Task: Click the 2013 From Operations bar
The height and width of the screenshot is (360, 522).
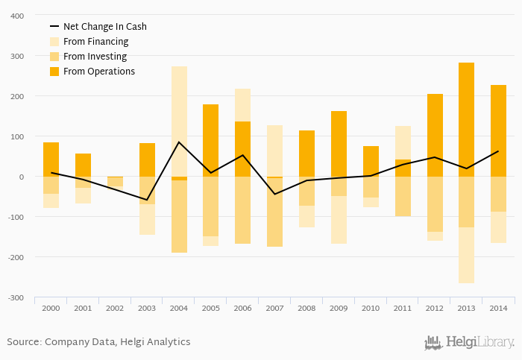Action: click(x=466, y=119)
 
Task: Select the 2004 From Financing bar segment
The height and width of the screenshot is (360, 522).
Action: click(x=179, y=119)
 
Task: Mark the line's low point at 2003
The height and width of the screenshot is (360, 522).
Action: click(x=147, y=200)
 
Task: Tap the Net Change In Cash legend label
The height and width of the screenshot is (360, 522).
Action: click(x=104, y=27)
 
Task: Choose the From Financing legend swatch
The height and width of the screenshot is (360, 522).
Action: click(x=54, y=42)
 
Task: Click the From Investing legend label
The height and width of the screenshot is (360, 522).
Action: click(x=95, y=57)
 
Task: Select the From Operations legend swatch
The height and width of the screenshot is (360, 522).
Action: click(x=54, y=72)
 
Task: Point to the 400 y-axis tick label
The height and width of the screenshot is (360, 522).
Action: click(x=16, y=16)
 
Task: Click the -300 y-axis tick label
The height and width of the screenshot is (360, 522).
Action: click(x=15, y=297)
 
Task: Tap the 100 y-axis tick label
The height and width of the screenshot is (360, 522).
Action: click(x=16, y=136)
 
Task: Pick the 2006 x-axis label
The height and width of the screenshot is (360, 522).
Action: click(x=242, y=308)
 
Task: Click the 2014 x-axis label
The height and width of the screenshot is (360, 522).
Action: click(x=498, y=308)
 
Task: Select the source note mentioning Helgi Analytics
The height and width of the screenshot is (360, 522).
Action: click(x=98, y=342)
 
